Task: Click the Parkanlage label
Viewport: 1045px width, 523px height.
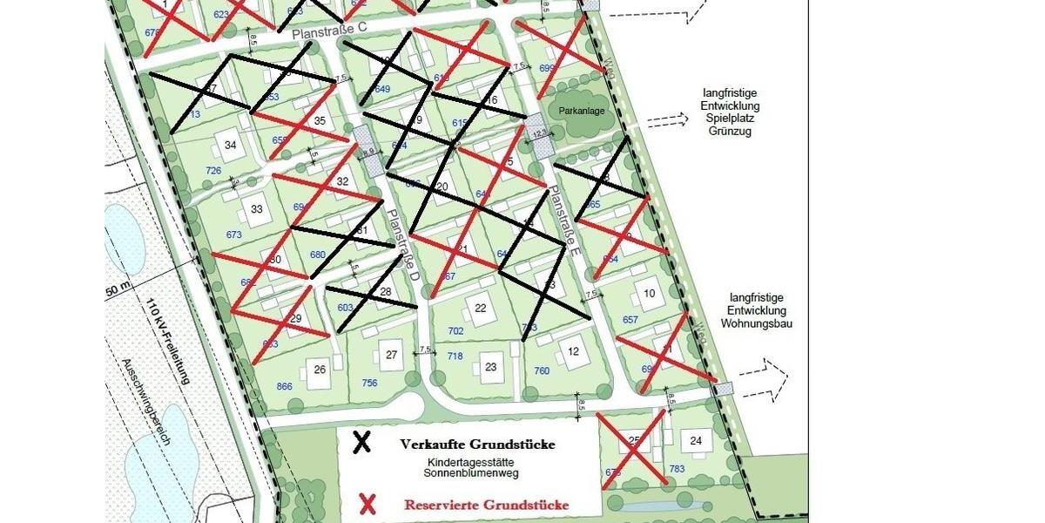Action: [x=583, y=111]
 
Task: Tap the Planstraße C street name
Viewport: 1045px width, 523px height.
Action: [x=330, y=31]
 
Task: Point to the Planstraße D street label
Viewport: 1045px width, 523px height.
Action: [x=404, y=245]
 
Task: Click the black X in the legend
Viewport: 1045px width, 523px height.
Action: [x=361, y=442]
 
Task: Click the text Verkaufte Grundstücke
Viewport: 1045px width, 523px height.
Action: [x=477, y=445]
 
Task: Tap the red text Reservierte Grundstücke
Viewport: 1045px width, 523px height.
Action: [x=487, y=505]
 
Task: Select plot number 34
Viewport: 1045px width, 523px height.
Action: [x=230, y=145]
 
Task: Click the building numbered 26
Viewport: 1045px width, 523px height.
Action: [x=320, y=370]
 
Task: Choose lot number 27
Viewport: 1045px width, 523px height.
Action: [x=392, y=355]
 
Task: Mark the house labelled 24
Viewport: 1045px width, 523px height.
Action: [x=696, y=441]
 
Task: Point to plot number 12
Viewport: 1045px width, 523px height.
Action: [x=573, y=351]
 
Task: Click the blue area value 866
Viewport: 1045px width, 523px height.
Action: [x=284, y=386]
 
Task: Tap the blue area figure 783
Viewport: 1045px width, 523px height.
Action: [x=678, y=470]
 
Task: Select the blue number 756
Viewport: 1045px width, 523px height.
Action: [x=369, y=384]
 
